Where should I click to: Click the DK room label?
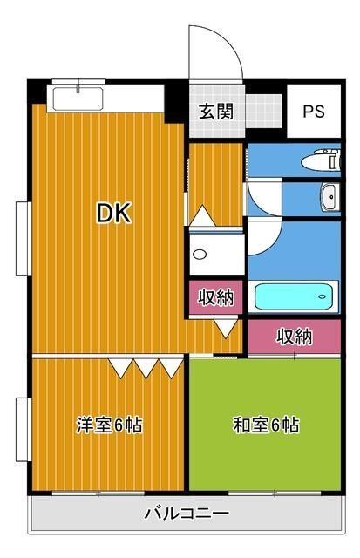tap(114, 213)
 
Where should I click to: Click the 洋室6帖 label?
tap(109, 425)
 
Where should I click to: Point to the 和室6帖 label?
tap(266, 425)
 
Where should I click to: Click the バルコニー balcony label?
tap(187, 514)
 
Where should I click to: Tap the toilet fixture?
tap(318, 160)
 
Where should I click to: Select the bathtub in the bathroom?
tap(295, 296)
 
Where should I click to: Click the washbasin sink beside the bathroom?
tap(329, 198)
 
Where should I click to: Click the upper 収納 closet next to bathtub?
tap(215, 297)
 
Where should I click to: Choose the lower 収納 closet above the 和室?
tap(295, 336)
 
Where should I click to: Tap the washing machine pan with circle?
tap(215, 254)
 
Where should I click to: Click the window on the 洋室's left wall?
tap(21, 430)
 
